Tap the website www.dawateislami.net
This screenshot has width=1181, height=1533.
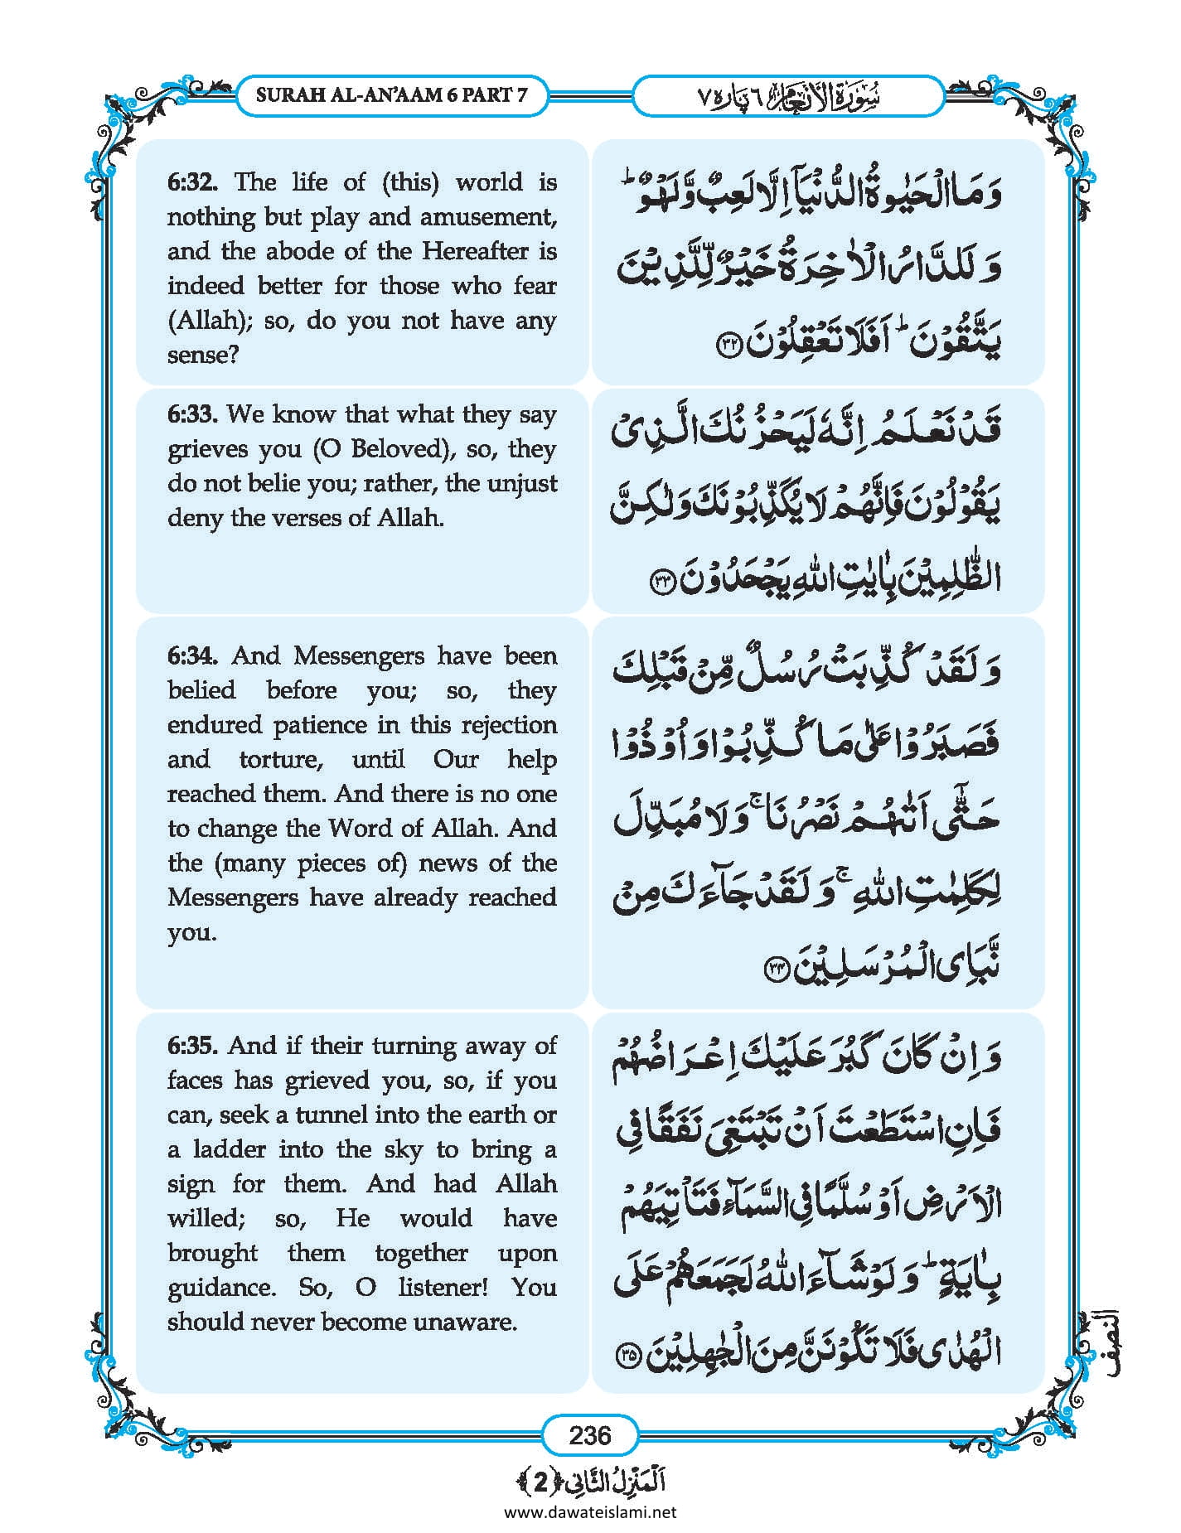click(x=590, y=1511)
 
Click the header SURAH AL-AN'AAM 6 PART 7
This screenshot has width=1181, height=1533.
click(x=391, y=95)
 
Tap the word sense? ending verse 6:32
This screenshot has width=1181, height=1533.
click(x=203, y=355)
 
